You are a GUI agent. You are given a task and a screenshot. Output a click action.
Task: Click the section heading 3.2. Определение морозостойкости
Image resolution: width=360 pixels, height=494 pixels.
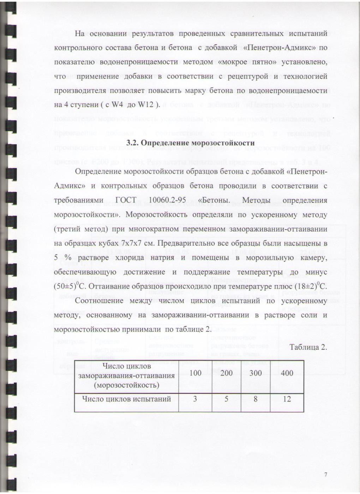pos(190,143)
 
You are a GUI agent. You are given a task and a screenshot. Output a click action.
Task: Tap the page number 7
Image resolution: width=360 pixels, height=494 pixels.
pos(325,475)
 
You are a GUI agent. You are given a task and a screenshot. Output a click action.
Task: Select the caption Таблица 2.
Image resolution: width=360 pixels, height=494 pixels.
pos(308,347)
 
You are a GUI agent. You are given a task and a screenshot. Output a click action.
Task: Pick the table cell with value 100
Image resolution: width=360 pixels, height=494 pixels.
pos(195,373)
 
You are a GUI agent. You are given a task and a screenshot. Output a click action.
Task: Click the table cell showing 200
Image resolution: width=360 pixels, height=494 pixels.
pos(226,373)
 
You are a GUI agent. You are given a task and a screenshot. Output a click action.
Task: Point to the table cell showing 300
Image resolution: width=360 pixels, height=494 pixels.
pos(256,373)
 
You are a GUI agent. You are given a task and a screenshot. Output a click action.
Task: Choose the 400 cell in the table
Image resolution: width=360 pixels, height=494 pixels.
pos(287,373)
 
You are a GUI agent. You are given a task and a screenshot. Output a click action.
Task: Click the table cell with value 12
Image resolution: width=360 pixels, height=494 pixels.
pos(287,399)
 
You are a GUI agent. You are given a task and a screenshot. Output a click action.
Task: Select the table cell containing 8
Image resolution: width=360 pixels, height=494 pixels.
pos(256,399)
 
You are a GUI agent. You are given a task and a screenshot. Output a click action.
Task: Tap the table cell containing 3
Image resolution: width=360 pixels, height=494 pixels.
pos(195,399)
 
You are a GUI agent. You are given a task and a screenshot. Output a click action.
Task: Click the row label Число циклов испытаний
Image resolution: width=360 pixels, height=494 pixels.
pos(126,399)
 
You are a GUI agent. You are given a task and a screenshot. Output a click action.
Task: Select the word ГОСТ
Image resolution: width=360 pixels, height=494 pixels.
pos(126,200)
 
